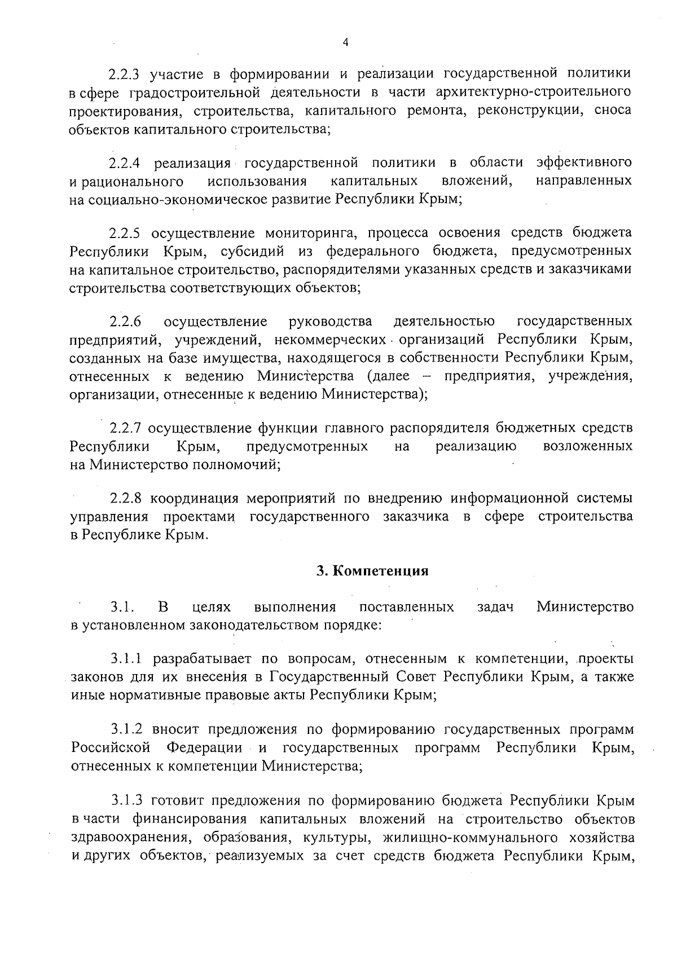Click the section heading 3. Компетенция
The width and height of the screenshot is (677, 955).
coord(372,571)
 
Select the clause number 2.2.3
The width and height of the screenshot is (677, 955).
coord(128,74)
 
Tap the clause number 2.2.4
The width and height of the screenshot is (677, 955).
coord(128,164)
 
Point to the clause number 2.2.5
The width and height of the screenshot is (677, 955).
coord(128,234)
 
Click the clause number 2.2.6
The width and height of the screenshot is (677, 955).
coord(125,322)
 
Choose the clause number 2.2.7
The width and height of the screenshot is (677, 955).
coord(128,428)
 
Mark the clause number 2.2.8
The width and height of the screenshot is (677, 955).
coord(128,499)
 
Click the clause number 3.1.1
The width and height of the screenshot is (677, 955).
coord(129,659)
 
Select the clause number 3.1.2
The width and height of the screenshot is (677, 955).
coord(129,730)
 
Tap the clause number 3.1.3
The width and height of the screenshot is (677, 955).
coord(129,801)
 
